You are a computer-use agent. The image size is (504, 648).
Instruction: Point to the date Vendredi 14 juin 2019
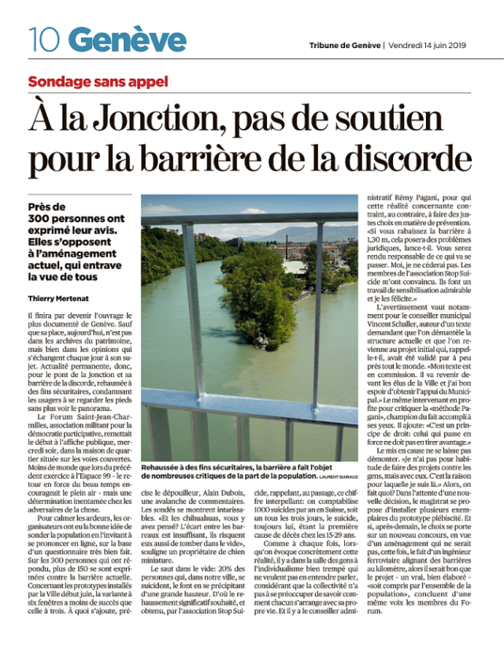[430, 44]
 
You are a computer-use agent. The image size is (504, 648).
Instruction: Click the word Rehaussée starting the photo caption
[166, 466]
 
